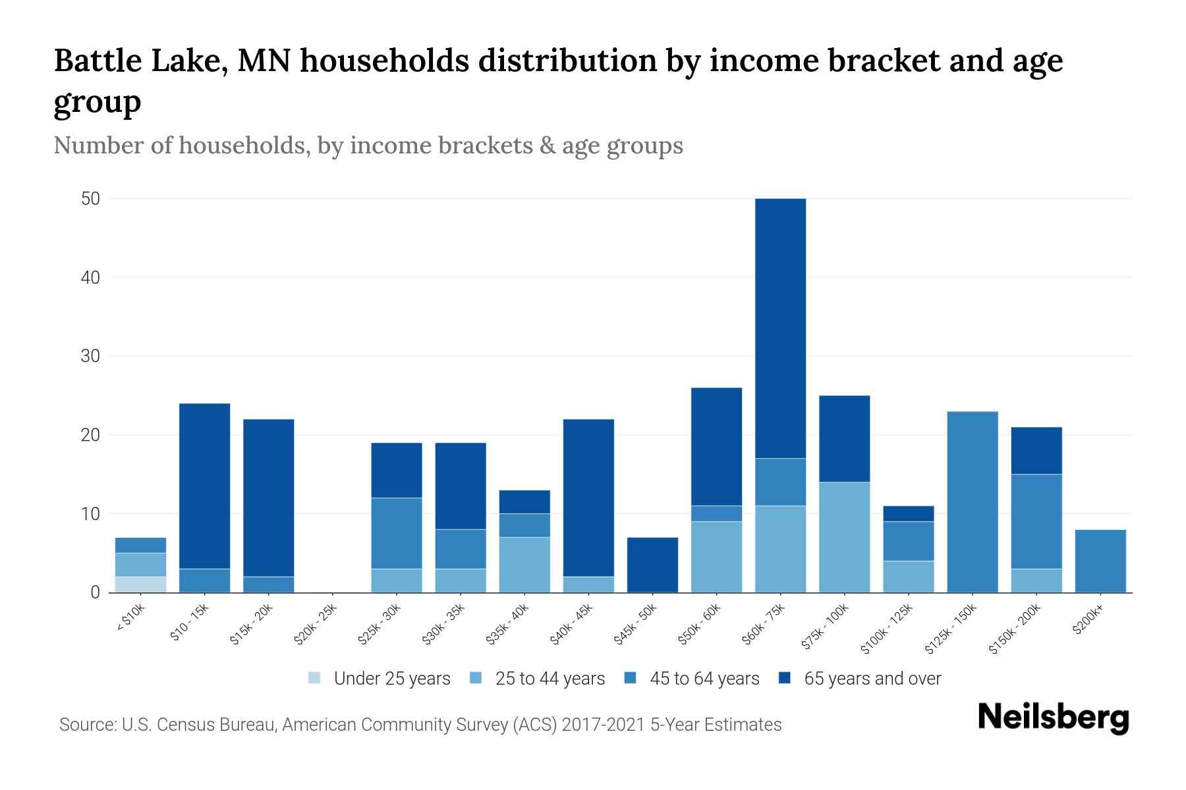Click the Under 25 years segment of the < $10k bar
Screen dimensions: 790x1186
tap(140, 585)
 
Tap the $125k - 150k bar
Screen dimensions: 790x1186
tap(972, 502)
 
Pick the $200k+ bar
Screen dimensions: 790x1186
tap(1100, 561)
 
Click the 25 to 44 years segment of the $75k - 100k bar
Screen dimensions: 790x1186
tap(844, 537)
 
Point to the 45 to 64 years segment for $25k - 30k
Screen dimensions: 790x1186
tap(397, 533)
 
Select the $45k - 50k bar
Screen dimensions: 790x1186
tap(652, 565)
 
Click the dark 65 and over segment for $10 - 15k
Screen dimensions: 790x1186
tap(204, 486)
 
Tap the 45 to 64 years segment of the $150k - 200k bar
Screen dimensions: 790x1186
tap(1036, 521)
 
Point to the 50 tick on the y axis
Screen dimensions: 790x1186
tap(90, 199)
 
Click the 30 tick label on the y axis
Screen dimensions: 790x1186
tap(90, 356)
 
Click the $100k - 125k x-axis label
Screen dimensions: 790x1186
tap(887, 628)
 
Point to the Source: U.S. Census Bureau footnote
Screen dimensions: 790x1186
tap(420, 725)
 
